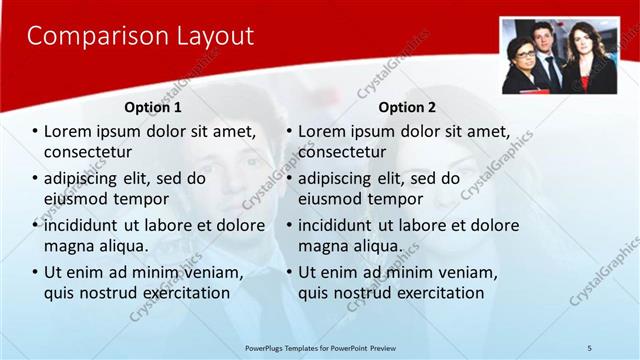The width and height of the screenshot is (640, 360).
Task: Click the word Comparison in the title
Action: tap(84, 37)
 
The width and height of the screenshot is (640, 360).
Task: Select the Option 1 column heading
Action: tap(153, 107)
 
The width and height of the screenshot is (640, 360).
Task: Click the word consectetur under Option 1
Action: tap(88, 152)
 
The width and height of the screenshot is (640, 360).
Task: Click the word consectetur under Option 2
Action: tap(342, 152)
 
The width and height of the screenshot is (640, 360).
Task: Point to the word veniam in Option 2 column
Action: tap(471, 272)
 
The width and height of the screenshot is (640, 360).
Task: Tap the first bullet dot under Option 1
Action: tap(35, 132)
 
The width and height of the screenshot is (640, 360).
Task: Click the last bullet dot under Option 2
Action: tap(289, 273)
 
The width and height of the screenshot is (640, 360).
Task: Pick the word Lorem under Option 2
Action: tap(321, 131)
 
